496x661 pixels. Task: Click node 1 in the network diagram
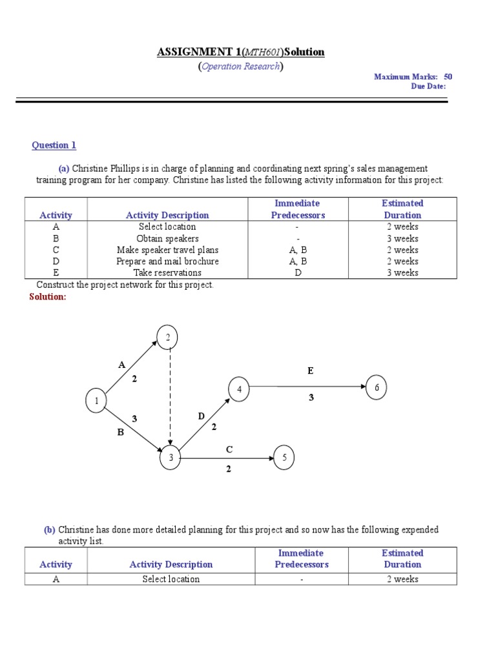pyautogui.click(x=96, y=402)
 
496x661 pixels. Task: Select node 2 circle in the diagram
pyautogui.click(x=167, y=337)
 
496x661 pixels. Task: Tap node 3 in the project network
pyautogui.click(x=171, y=458)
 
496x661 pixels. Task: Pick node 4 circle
pyautogui.click(x=239, y=389)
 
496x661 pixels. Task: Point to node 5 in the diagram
pyautogui.click(x=284, y=458)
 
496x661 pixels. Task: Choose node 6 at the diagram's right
pyautogui.click(x=377, y=387)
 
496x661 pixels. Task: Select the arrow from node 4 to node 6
pyautogui.click(x=307, y=387)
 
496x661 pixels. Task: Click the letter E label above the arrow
pyautogui.click(x=311, y=371)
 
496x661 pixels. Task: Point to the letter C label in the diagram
pyautogui.click(x=229, y=449)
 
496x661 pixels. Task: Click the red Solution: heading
pyautogui.click(x=48, y=296)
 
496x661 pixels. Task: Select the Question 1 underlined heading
pyautogui.click(x=54, y=145)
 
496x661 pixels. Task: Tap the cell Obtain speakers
pyautogui.click(x=167, y=238)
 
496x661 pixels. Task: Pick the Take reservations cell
pyautogui.click(x=167, y=272)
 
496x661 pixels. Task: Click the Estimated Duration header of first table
pyautogui.click(x=402, y=209)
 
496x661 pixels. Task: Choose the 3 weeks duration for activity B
pyautogui.click(x=402, y=238)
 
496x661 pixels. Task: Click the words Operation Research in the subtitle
pyautogui.click(x=241, y=66)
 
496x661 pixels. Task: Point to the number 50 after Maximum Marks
pyautogui.click(x=448, y=76)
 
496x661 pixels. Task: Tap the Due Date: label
pyautogui.click(x=428, y=86)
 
